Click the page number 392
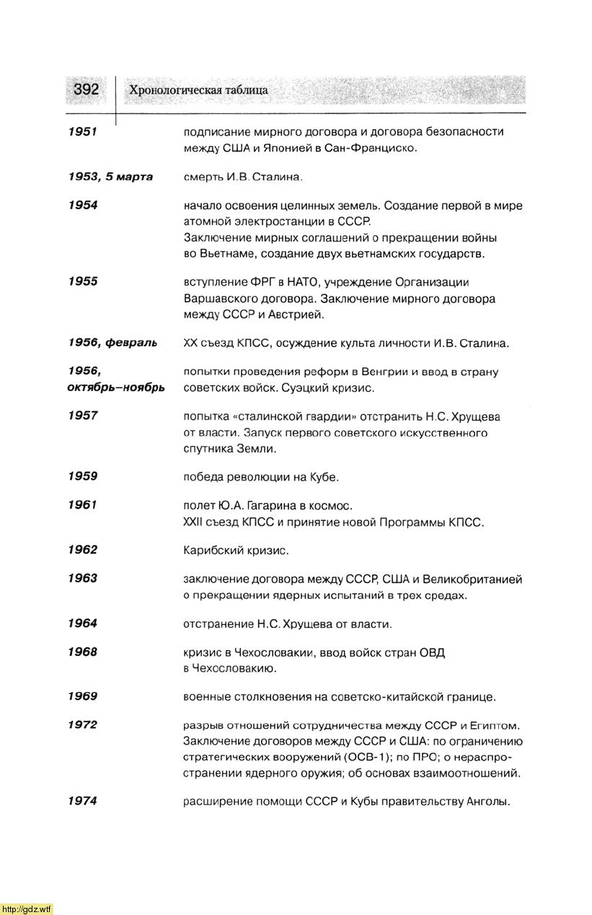tap(86, 89)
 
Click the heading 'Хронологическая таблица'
tap(198, 90)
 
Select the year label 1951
tap(82, 131)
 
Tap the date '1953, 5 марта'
tap(110, 176)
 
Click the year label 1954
tap(82, 205)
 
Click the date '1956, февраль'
tap(112, 343)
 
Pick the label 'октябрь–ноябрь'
tap(116, 388)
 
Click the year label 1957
tap(82, 416)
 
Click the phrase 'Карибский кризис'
tap(236, 551)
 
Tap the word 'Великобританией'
tap(472, 579)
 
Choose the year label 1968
tap(82, 652)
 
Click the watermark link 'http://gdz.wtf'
tap(27, 909)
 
